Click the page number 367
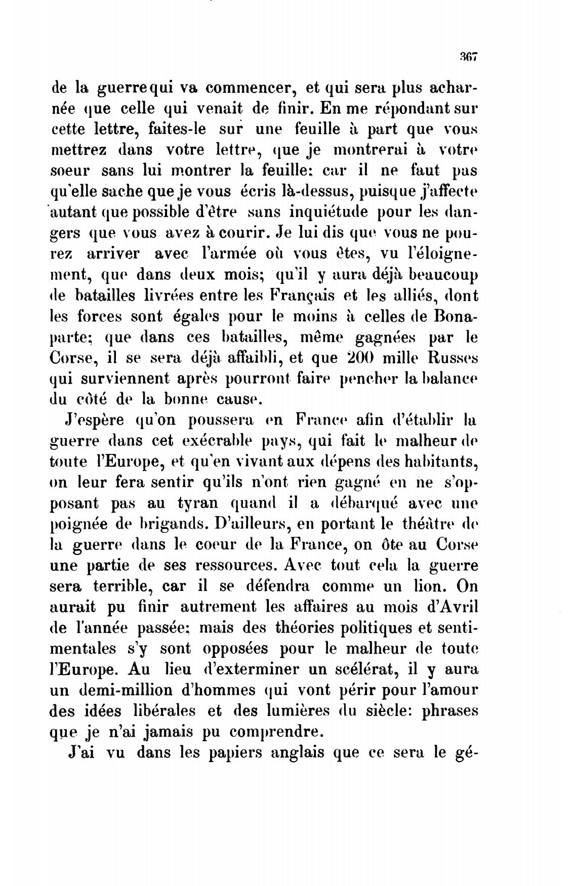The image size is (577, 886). coord(467,56)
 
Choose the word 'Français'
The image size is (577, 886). coord(300,296)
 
